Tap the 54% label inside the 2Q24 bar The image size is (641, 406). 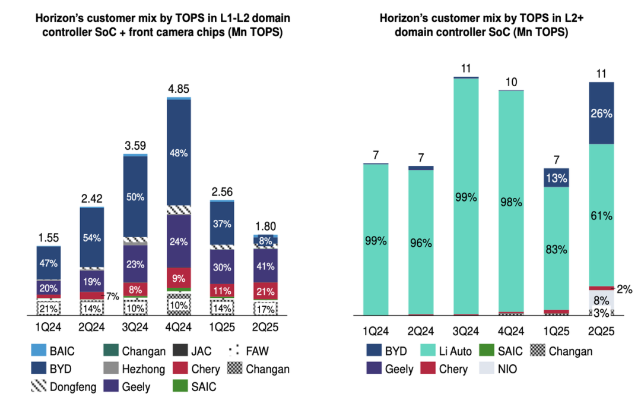point(92,238)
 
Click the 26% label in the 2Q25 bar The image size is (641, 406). point(601,113)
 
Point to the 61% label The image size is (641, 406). point(601,216)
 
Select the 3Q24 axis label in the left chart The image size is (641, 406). point(135,328)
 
